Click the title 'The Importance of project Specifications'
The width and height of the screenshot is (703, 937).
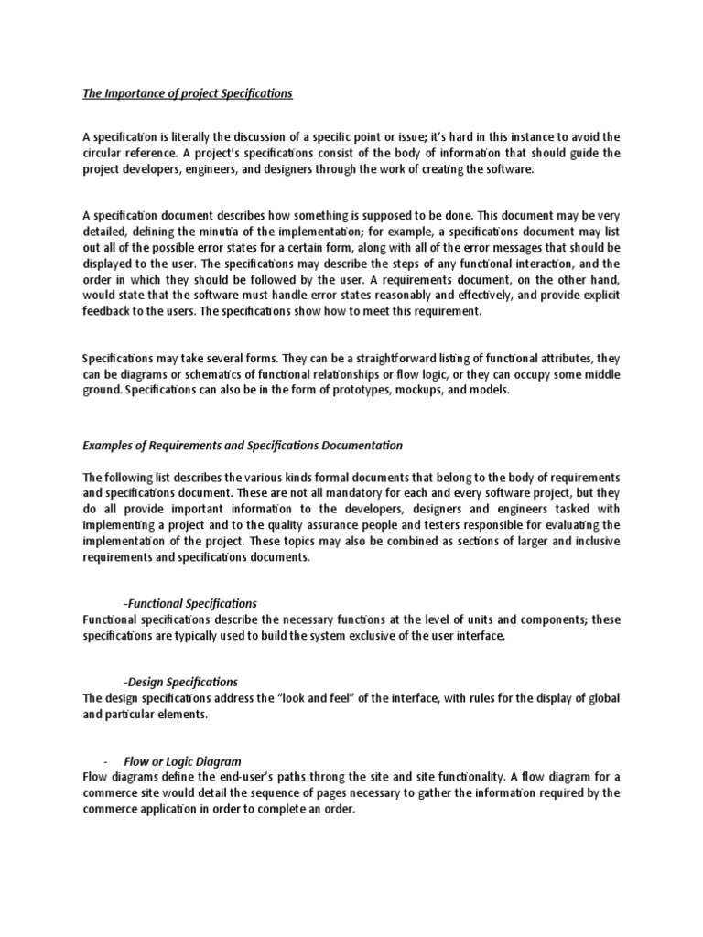(x=188, y=93)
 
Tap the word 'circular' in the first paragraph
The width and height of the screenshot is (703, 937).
(x=102, y=154)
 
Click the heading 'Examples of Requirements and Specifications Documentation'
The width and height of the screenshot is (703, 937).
(x=243, y=445)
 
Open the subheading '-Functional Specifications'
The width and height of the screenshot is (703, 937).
(x=190, y=603)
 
